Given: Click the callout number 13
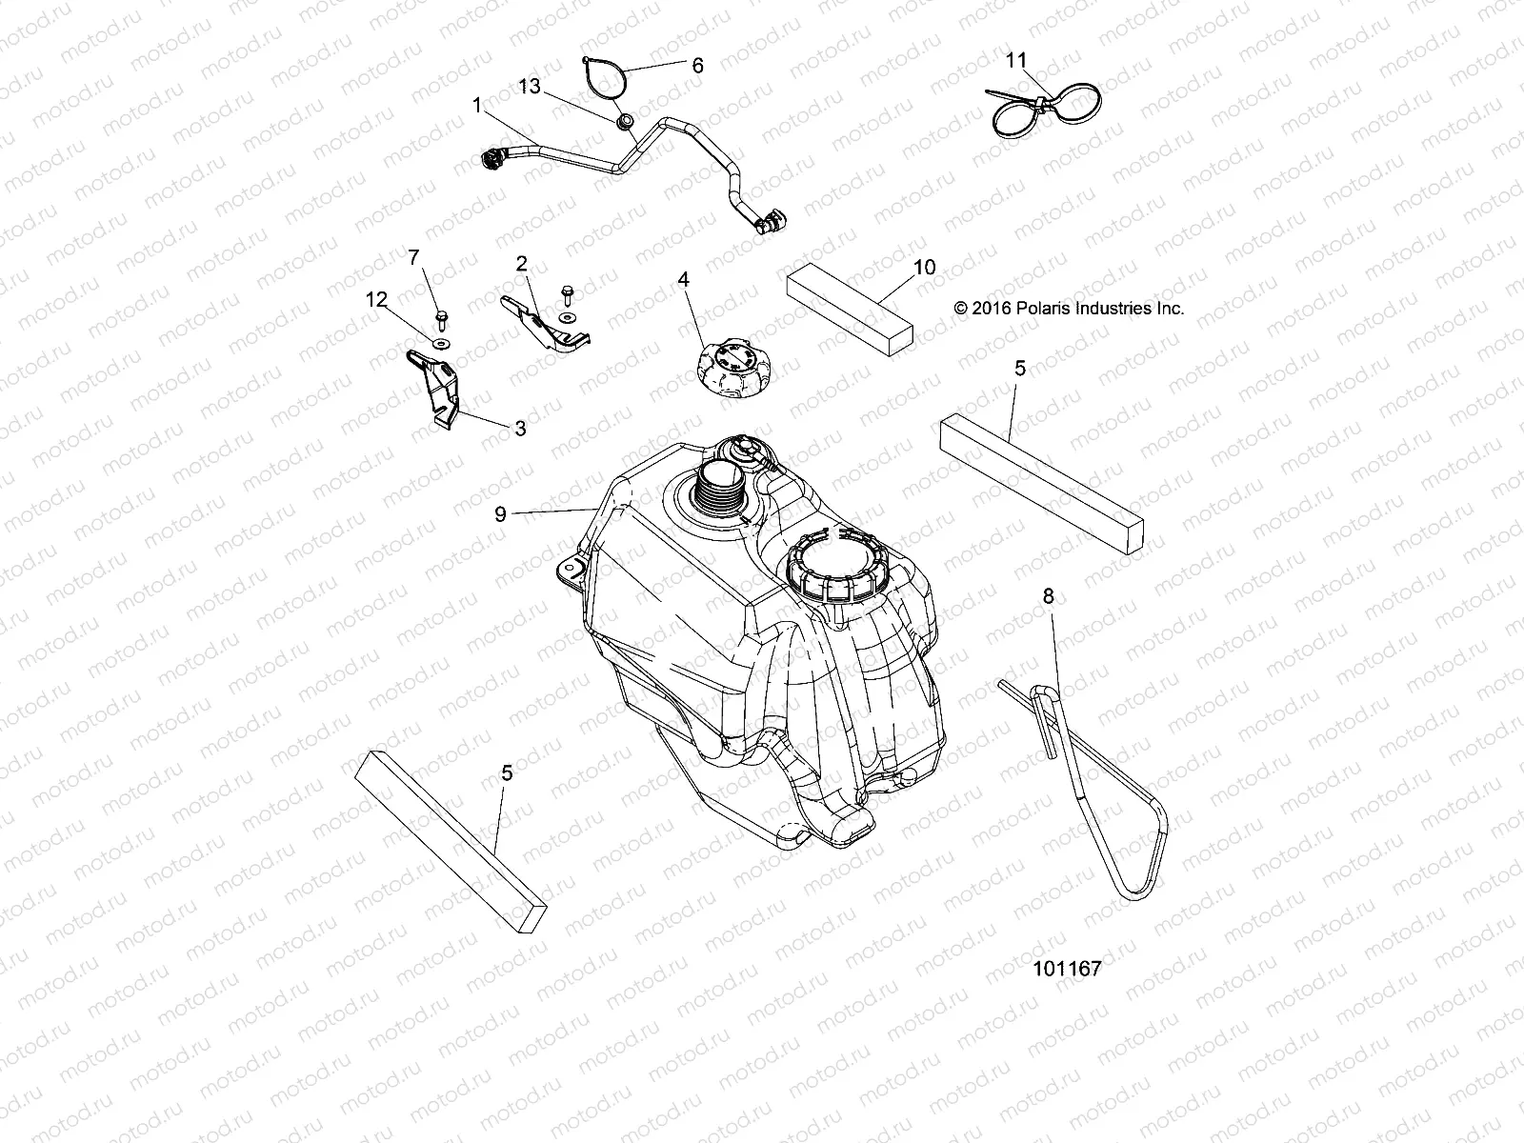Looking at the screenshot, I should [529, 87].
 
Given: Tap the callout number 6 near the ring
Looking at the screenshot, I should [697, 65].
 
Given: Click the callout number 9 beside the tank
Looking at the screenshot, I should [500, 513].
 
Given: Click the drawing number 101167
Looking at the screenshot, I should [1066, 969].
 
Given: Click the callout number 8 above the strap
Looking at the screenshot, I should [1048, 596].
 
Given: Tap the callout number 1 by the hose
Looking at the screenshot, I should [476, 105].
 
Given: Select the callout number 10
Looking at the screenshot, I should [924, 268].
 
